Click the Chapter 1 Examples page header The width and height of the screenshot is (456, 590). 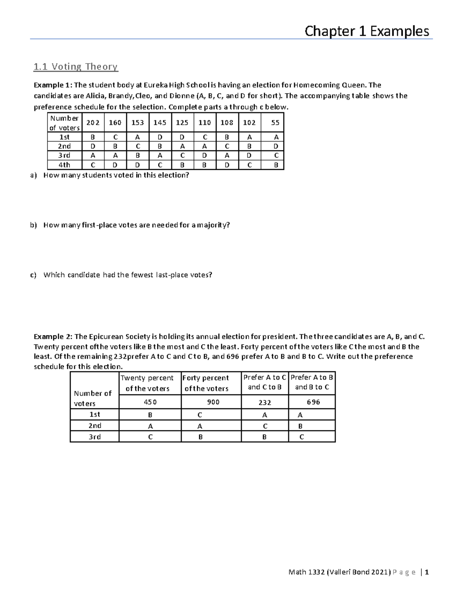pyautogui.click(x=367, y=31)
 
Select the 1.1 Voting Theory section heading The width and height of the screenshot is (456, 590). pyautogui.click(x=76, y=67)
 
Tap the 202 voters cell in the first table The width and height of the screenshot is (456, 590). pyautogui.click(x=93, y=122)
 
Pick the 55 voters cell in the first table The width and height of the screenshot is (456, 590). pyautogui.click(x=275, y=122)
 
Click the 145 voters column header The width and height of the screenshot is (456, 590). pyautogui.click(x=160, y=122)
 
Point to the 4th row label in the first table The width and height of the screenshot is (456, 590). pyautogui.click(x=64, y=165)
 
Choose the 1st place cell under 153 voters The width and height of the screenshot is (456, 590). pyautogui.click(x=138, y=137)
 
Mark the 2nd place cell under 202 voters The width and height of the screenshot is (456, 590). pyautogui.click(x=93, y=146)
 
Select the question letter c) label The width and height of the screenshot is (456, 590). pyautogui.click(x=33, y=275)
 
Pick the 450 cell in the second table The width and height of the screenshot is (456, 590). pyautogui.click(x=150, y=402)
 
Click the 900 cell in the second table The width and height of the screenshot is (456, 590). pyautogui.click(x=213, y=402)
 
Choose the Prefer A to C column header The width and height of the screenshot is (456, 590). pyautogui.click(x=264, y=382)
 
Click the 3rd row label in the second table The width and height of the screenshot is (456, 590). pyautogui.click(x=95, y=437)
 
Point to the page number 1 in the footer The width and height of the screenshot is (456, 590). pyautogui.click(x=427, y=572)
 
